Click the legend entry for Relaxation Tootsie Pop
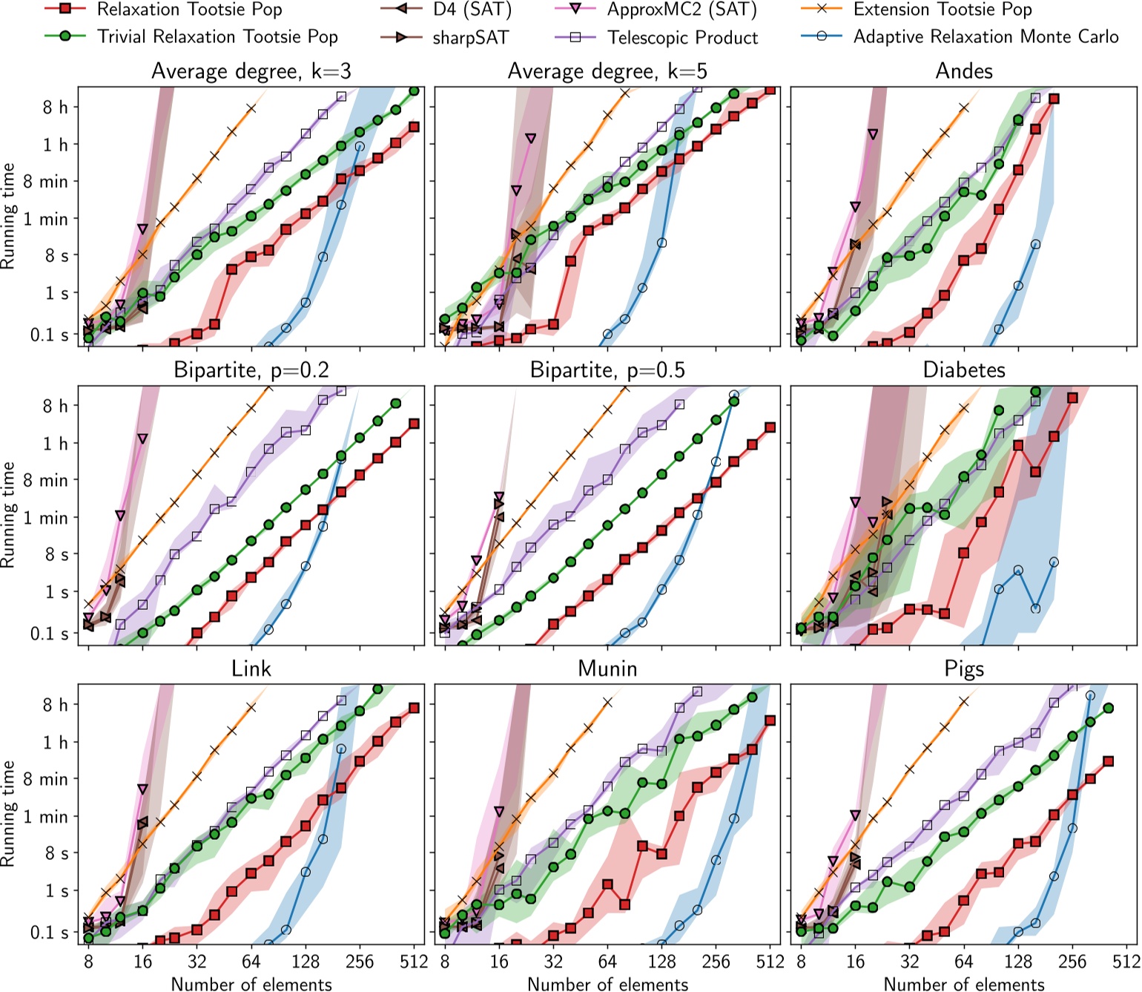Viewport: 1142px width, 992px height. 189,10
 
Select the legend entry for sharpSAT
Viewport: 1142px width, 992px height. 472,37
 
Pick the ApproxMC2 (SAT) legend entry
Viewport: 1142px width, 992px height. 681,10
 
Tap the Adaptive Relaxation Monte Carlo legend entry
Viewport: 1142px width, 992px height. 986,37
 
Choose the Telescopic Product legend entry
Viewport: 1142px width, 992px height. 682,37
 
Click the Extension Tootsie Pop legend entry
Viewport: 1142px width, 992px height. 942,10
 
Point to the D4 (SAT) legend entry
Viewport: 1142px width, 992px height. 472,10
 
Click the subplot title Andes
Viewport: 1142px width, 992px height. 963,71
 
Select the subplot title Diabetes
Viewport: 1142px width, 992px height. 963,370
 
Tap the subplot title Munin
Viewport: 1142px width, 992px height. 607,669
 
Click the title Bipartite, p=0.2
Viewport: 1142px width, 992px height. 251,370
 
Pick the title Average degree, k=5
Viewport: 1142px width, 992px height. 607,71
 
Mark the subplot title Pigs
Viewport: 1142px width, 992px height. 963,669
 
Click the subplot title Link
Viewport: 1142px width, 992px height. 251,669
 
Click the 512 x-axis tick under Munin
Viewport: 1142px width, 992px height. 770,962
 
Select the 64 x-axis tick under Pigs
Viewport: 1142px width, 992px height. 963,962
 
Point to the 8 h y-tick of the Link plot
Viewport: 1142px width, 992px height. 55,705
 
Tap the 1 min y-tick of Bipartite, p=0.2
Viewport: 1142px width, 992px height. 46,518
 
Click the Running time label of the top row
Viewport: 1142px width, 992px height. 9,216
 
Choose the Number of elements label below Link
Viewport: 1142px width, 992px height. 251,984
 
